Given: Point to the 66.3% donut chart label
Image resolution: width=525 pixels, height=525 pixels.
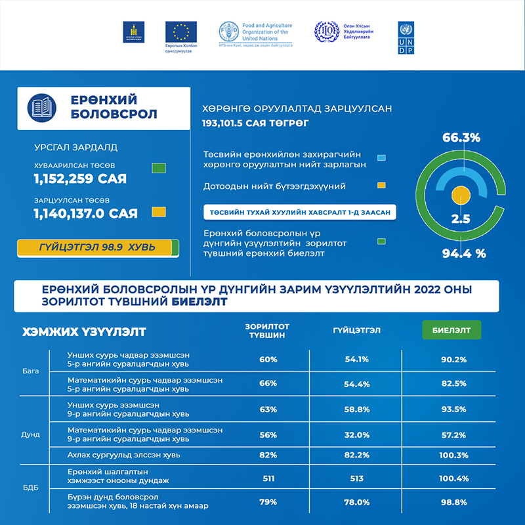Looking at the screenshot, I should (x=461, y=138).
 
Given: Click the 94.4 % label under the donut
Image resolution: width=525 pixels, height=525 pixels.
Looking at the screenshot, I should (x=463, y=253).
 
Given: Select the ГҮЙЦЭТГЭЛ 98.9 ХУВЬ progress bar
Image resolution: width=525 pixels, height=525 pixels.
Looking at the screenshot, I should (x=97, y=247).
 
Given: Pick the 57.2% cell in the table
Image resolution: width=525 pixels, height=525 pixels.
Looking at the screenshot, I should (x=452, y=436).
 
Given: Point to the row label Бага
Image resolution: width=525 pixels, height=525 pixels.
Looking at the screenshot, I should (x=30, y=371).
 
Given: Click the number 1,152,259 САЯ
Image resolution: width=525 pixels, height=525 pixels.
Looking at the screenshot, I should (x=80, y=178).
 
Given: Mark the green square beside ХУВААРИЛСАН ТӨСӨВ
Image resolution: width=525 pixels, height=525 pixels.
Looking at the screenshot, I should (x=157, y=167).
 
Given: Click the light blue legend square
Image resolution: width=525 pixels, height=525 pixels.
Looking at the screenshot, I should (x=381, y=157).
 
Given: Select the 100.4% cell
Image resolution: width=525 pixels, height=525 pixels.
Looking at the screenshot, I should (x=452, y=478).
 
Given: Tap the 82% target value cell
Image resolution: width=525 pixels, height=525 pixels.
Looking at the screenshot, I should (x=268, y=454).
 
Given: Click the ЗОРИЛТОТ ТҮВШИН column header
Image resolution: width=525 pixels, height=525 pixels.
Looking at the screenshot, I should (x=267, y=329).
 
